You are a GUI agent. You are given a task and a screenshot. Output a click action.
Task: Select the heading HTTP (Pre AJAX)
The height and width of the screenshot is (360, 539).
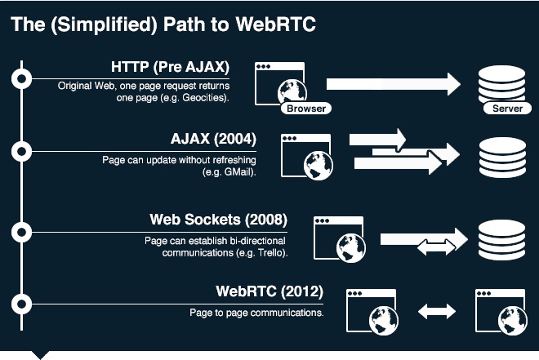coord(170,67)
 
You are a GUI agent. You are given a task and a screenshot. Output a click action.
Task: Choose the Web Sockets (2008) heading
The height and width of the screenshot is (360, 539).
coord(218,220)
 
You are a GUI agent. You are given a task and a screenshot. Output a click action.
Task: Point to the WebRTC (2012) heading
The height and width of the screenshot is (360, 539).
coord(269,291)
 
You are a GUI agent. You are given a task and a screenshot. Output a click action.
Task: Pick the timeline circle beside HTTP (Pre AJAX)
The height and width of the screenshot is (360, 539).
coord(22,78)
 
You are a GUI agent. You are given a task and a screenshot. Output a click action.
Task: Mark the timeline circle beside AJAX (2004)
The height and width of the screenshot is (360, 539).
coord(22,151)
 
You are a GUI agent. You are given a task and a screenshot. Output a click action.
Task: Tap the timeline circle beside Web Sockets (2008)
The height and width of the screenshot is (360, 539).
coord(22,232)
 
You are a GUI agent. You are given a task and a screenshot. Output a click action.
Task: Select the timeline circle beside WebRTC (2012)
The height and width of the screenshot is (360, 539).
coord(22,304)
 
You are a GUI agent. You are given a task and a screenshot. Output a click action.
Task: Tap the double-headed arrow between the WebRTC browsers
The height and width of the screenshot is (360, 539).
coord(436,311)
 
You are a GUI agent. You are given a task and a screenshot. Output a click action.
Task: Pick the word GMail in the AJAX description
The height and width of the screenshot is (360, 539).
coord(236,172)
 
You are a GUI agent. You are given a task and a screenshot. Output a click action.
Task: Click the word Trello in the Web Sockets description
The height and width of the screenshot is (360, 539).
coord(270,253)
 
